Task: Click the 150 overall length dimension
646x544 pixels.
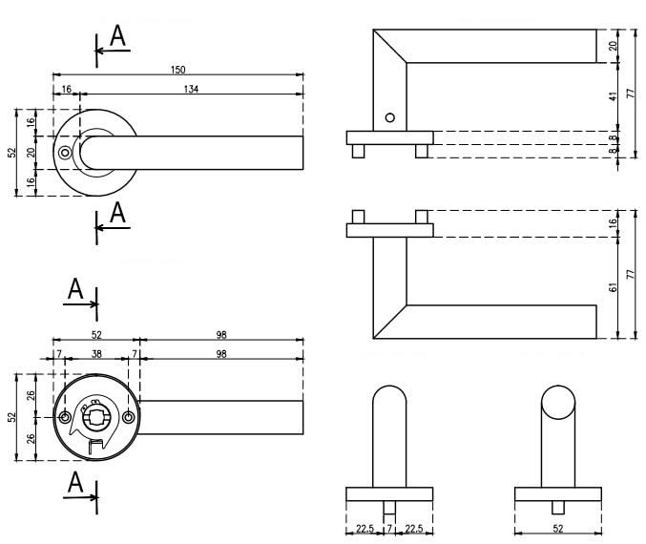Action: coord(177,69)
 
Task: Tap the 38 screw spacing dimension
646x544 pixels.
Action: coord(95,353)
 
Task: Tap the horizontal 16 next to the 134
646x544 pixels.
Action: coord(66,89)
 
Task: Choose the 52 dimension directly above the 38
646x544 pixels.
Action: coord(95,334)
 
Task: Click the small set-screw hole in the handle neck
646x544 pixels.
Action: coord(388,117)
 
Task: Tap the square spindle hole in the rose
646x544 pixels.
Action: coord(95,416)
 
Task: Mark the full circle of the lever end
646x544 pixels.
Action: coord(557,408)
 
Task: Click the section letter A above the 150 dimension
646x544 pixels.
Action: coord(117,36)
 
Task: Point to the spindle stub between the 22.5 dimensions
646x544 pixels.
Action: coord(388,507)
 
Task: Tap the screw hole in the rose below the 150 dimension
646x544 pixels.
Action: coord(64,153)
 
